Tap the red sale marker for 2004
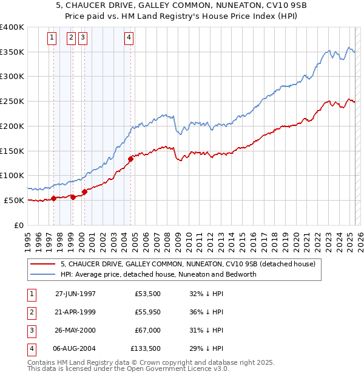[130, 159]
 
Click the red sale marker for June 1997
[53, 198]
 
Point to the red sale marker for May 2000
[84, 192]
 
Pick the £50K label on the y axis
[14, 200]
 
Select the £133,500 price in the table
[146, 348]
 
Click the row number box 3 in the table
[30, 330]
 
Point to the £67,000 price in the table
[147, 330]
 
